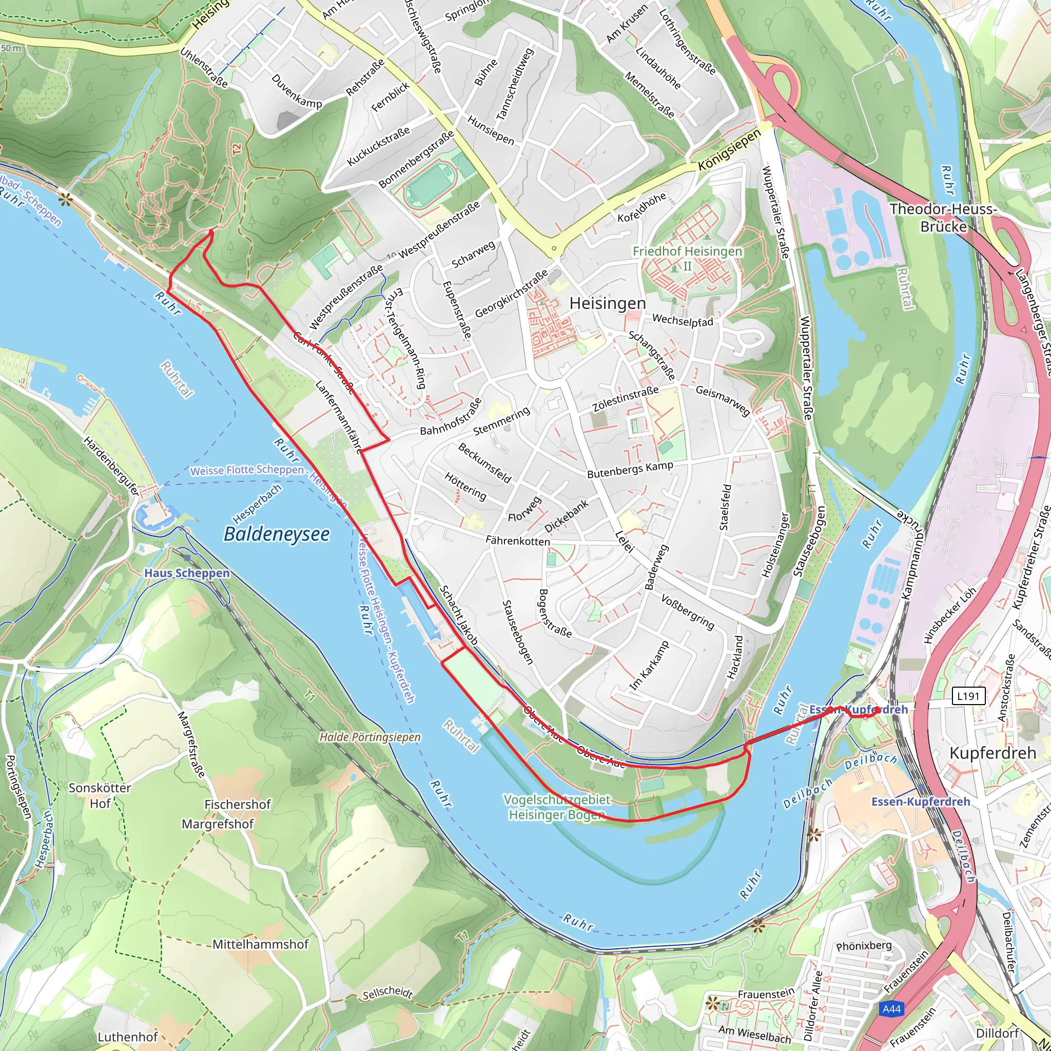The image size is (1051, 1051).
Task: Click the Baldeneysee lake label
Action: point(277,534)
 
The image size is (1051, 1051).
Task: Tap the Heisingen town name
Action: point(608,304)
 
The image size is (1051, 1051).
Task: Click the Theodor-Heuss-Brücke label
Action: point(943,218)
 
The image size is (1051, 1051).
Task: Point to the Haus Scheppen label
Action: point(187,573)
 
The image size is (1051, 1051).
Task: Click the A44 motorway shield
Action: point(891,1009)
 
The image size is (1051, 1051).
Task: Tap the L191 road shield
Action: point(968,695)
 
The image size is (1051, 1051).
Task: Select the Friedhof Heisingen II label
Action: point(687,259)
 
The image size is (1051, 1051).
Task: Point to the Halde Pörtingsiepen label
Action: point(370,737)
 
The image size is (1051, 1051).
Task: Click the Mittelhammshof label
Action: point(260,944)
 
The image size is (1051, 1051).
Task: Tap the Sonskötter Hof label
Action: point(100,796)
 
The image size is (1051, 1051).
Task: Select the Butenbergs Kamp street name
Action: point(630,470)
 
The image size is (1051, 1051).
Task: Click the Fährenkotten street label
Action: point(517,541)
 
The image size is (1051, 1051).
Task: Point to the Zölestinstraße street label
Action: point(625,399)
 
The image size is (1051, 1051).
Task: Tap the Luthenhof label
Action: point(128,1037)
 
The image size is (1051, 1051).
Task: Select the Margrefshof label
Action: point(218,824)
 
